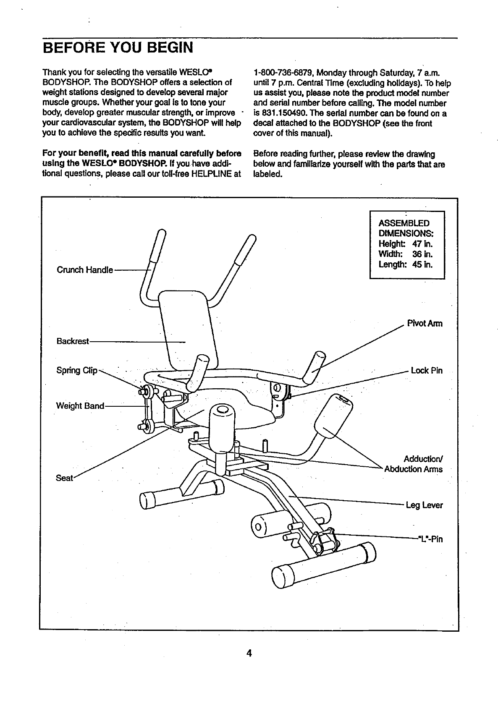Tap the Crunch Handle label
(x=84, y=269)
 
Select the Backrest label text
(x=73, y=341)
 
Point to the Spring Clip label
(x=77, y=371)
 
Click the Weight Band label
(x=80, y=406)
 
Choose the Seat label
(x=64, y=478)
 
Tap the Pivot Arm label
(x=425, y=324)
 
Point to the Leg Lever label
(x=424, y=505)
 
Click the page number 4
(x=249, y=654)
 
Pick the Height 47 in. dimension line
(x=405, y=244)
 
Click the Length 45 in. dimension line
(x=405, y=264)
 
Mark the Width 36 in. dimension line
(x=405, y=254)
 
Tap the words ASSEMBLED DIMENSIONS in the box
(x=405, y=228)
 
